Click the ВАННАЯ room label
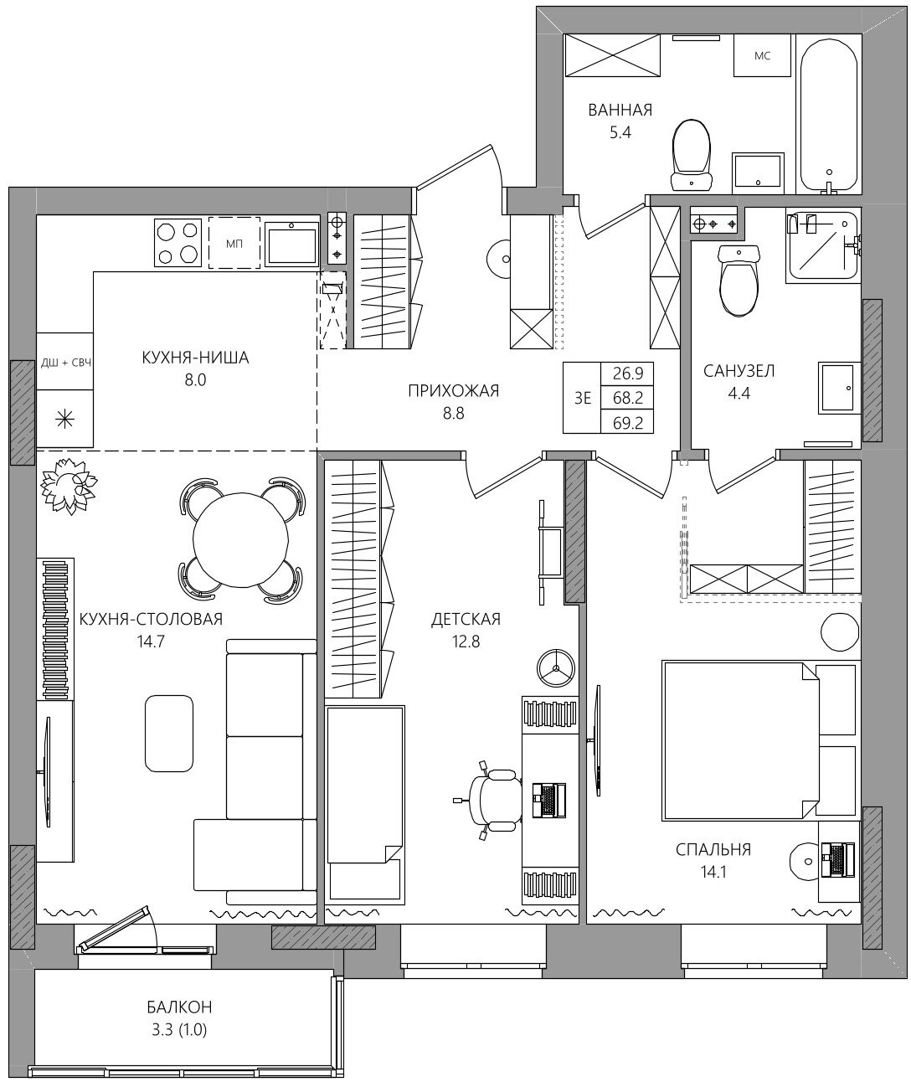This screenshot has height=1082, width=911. coord(620,110)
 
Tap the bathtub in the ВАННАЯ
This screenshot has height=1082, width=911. coord(828,115)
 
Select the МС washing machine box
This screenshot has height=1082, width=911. coord(762,56)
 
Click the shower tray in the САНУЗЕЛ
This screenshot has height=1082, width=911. coord(821,245)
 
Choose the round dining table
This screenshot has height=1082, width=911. coord(240,540)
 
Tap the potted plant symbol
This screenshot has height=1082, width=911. coord(69,485)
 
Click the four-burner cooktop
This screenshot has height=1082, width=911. coord(178,243)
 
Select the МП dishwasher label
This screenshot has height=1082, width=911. coord(234,244)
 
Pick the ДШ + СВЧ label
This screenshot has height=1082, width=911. coord(66,363)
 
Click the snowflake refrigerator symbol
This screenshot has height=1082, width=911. coord(65,419)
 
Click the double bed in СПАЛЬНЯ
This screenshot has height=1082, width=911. coord(741,741)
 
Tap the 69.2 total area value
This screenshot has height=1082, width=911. coord(627,424)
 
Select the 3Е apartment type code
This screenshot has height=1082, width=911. coord(583,398)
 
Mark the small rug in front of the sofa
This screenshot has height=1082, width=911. coord(169,734)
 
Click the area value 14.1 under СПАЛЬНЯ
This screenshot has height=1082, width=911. coord(713,872)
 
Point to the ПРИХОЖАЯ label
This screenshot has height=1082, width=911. coord(454,391)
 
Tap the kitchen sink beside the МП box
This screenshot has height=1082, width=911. coord(291,244)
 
